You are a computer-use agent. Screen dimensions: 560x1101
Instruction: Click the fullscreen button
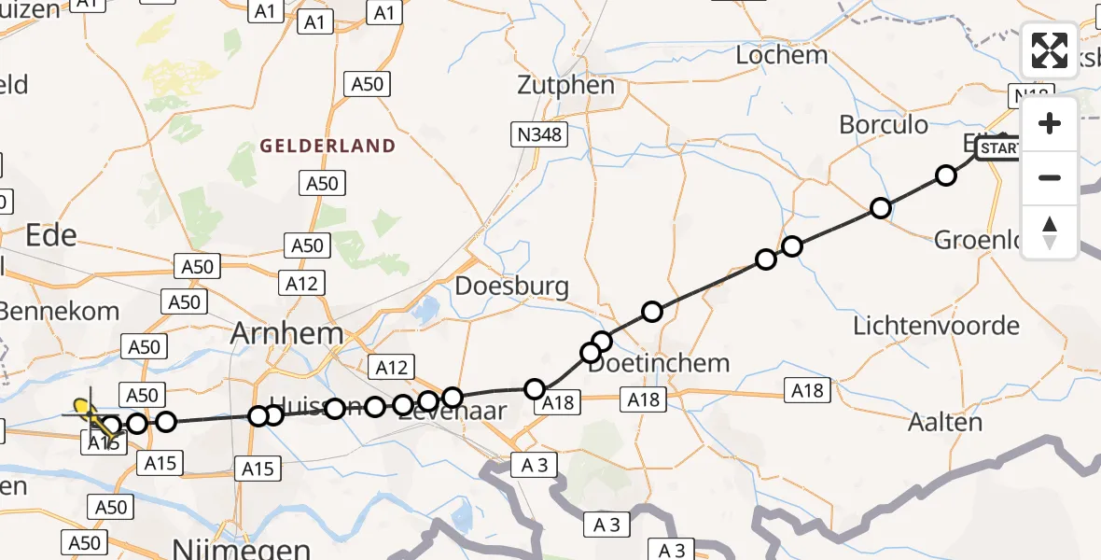point(1050,50)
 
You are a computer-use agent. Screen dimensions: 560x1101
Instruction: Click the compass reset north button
point(1050,232)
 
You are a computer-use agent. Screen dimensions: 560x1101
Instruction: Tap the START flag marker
point(997,148)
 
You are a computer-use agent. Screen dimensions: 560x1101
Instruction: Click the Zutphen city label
point(566,86)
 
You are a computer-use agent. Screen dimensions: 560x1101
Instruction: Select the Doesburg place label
point(511,286)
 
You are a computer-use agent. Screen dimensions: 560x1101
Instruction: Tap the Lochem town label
point(781,55)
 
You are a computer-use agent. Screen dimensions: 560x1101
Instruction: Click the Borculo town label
point(884,125)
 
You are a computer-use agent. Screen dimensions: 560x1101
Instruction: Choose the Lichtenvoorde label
point(936,327)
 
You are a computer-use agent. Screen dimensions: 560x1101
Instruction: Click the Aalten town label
point(945,422)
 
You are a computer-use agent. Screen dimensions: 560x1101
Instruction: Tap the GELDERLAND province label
point(328,147)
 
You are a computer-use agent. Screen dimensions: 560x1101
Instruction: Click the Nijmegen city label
point(243,547)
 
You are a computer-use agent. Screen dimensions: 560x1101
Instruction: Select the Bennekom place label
point(60,311)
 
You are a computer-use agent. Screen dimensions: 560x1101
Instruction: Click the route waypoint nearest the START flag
point(946,175)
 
